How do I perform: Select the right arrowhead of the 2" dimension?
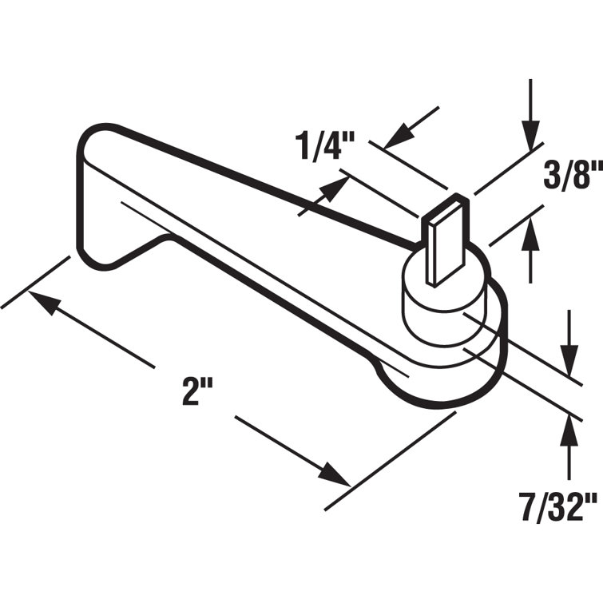[335, 475]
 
